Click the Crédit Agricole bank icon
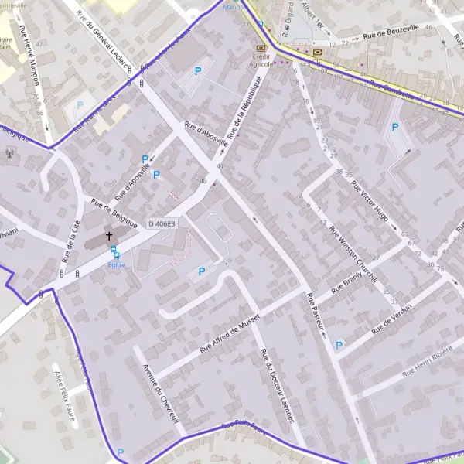point(259,48)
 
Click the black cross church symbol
point(109,235)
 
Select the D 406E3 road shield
point(162,223)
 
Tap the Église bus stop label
point(116,264)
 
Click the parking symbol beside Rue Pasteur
point(338,346)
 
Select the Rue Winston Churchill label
point(353,254)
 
